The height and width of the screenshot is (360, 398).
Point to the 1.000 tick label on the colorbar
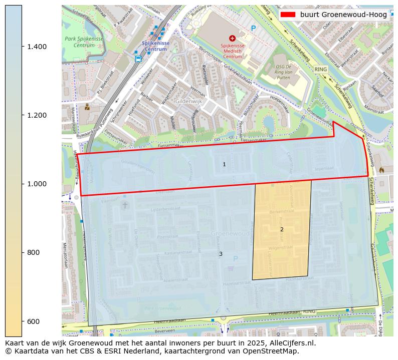point(36,184)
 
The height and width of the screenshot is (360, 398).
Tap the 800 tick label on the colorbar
point(33,252)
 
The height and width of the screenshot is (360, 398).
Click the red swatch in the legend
point(288,15)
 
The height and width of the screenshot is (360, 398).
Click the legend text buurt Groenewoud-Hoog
point(343,15)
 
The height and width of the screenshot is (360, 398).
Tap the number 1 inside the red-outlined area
point(224,164)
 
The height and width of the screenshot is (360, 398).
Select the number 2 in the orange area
point(282,229)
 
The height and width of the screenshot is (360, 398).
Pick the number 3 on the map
point(221,254)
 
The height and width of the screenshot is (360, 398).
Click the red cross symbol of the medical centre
point(232,38)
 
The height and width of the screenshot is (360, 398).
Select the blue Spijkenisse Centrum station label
point(155,46)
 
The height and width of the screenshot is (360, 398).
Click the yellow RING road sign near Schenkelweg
point(320,69)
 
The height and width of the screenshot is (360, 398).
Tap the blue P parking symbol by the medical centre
point(253,29)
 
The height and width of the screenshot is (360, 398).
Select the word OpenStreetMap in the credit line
point(275,351)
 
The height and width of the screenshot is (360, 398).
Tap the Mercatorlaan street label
point(66,255)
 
